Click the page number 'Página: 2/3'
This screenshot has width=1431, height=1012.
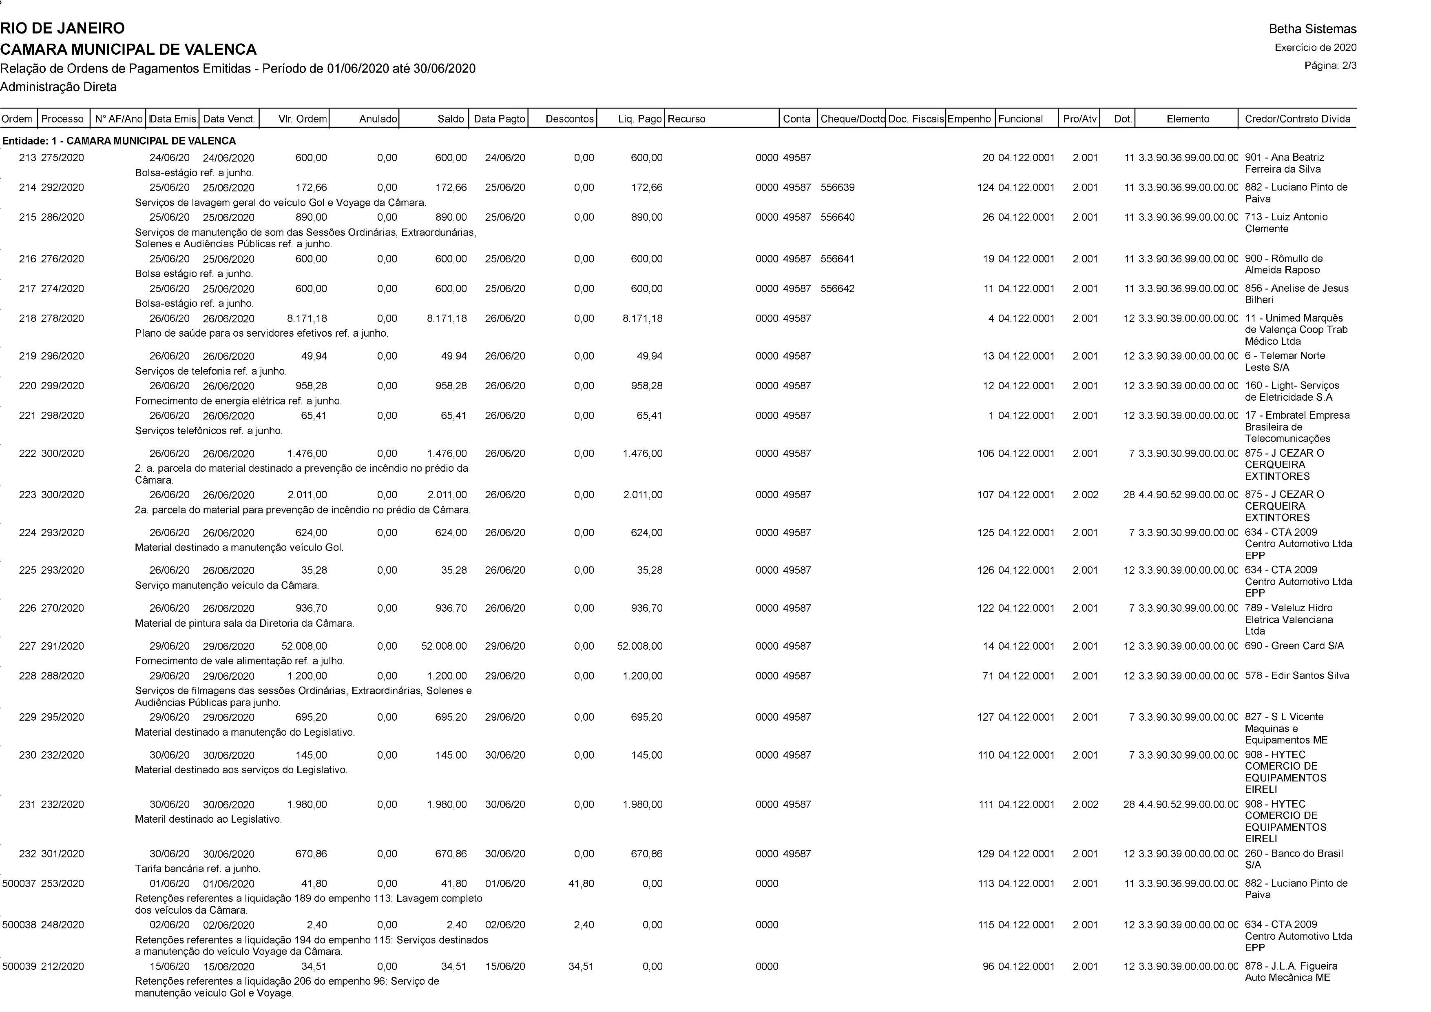pos(1330,65)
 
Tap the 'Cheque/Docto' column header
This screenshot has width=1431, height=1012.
pos(852,118)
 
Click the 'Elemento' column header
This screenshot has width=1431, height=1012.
pos(1187,118)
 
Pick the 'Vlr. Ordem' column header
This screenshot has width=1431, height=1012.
pos(302,118)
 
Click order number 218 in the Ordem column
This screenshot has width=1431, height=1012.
pos(27,319)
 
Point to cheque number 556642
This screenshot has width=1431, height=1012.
pos(838,289)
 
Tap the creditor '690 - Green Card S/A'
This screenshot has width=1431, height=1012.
pos(1294,646)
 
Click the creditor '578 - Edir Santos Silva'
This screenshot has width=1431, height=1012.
pos(1296,676)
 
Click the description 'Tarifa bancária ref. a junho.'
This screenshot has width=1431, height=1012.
pos(197,869)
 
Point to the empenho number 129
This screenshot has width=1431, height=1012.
pos(985,854)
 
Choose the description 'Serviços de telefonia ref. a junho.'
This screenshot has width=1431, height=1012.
pos(211,371)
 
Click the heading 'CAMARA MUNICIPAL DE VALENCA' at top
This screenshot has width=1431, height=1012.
pos(128,49)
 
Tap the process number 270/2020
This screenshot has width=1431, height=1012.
pos(62,608)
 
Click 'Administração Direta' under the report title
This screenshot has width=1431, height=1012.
pos(59,87)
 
